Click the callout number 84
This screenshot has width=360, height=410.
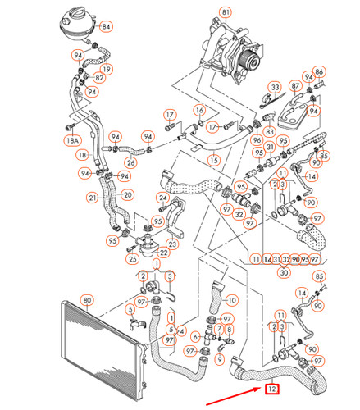pos(107,27)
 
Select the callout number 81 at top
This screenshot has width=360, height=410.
pos(226,13)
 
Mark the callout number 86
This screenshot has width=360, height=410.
pos(319,72)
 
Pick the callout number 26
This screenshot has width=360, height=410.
pos(130,162)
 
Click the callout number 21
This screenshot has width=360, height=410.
pos(93,197)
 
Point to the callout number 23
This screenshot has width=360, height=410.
pos(172,244)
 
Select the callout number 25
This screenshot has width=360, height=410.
pos(131,259)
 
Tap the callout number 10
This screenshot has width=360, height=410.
pos(231,300)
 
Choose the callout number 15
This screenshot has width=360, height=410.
pos(213,160)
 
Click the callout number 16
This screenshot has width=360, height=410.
pos(199,110)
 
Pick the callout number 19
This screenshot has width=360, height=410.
pos(107,68)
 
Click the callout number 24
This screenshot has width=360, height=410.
pos(163,198)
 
